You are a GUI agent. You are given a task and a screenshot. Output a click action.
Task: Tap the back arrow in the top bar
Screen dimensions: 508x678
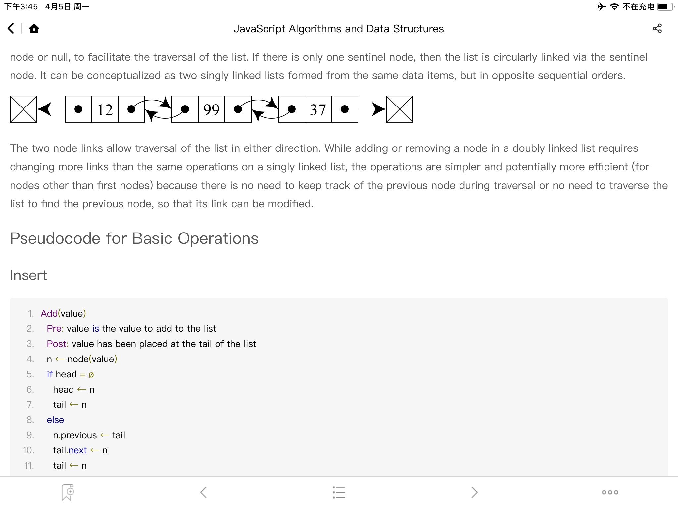point(11,29)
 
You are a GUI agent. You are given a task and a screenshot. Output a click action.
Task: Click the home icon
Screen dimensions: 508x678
point(34,29)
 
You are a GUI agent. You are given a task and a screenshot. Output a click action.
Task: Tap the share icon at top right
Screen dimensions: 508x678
point(657,29)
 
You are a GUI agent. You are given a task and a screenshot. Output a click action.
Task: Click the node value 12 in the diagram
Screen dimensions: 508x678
point(105,109)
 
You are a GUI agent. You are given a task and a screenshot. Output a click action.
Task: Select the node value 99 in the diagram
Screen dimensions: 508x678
point(211,109)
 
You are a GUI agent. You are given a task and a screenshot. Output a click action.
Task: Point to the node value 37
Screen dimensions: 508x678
point(318,109)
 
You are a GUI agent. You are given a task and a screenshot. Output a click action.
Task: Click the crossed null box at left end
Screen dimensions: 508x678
point(24,109)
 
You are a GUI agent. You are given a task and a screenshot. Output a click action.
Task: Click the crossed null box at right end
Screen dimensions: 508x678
point(400,109)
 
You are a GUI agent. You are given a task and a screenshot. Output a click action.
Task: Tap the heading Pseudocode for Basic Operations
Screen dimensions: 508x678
point(134,238)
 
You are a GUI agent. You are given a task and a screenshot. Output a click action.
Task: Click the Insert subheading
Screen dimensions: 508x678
point(28,275)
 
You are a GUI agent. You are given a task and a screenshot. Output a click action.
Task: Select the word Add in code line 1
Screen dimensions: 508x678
point(49,313)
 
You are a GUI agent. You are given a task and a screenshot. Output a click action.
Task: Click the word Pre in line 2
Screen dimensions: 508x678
point(54,328)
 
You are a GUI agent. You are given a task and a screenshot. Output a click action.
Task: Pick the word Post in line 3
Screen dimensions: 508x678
point(57,344)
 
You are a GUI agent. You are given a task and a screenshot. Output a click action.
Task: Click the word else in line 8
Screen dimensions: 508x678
point(55,420)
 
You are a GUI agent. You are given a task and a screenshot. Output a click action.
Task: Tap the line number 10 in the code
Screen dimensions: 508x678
point(28,450)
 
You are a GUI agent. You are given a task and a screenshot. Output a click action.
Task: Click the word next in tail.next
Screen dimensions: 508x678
point(78,450)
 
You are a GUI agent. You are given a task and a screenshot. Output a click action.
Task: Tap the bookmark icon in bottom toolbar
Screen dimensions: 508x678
point(68,492)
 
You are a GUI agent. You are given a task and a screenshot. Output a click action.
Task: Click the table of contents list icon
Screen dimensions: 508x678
point(339,492)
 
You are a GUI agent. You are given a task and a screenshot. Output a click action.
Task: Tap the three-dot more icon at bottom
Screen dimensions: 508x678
point(610,492)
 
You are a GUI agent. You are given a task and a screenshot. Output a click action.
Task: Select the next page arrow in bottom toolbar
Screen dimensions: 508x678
point(474,492)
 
